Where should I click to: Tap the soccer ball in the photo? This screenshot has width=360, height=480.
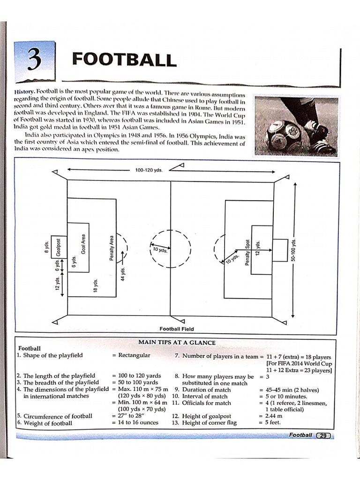coord(284,135)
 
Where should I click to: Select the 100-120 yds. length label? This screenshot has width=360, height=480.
coord(149,171)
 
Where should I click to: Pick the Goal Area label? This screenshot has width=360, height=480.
coord(83,244)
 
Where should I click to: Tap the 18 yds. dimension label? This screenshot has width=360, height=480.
coord(95,285)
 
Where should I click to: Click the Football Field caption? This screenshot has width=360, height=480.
coord(177,329)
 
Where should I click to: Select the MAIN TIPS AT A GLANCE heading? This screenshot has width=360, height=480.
coord(177,343)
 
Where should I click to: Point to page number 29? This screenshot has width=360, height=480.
coord(323,435)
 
